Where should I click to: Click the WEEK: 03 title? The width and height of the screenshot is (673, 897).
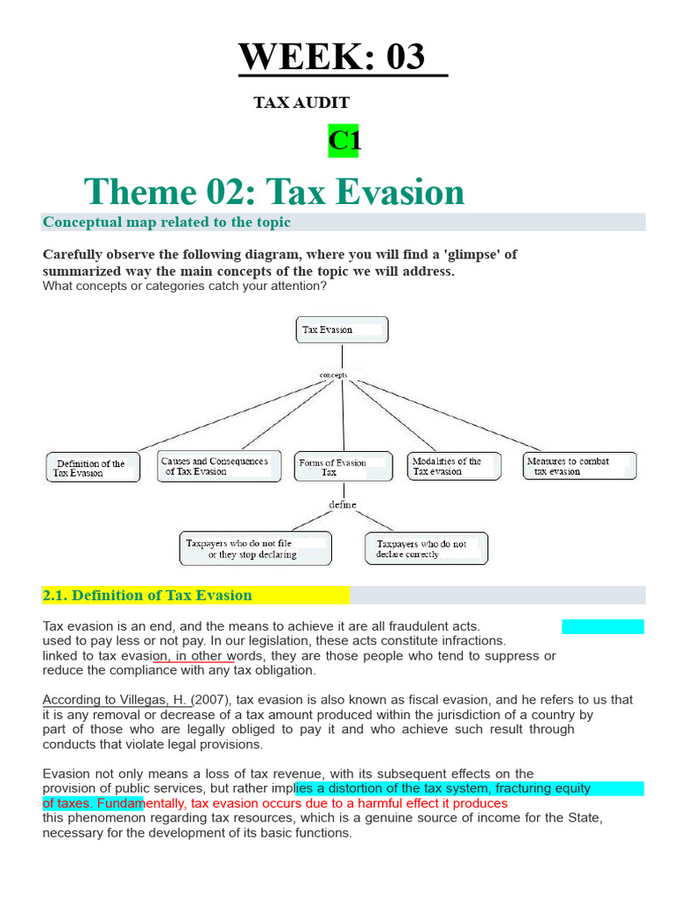click(332, 56)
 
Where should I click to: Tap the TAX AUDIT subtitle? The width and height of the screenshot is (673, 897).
click(301, 102)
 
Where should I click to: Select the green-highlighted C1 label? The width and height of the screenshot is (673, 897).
click(344, 141)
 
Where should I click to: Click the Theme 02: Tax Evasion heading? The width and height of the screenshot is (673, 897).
click(274, 191)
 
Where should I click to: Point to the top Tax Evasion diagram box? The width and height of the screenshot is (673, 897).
click(343, 330)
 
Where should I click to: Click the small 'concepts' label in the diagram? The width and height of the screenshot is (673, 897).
click(333, 375)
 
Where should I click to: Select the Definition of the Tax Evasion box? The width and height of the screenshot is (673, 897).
click(93, 468)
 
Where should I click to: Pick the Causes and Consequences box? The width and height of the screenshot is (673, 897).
click(219, 466)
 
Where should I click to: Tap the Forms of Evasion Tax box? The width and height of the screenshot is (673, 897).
click(344, 467)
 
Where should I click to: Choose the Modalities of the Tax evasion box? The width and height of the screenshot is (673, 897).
click(454, 466)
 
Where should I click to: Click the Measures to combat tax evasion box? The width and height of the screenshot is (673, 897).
click(580, 466)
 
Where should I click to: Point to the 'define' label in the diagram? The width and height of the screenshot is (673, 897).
click(343, 505)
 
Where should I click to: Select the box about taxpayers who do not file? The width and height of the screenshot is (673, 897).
click(255, 548)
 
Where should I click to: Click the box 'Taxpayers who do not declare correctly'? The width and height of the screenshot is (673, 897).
click(427, 548)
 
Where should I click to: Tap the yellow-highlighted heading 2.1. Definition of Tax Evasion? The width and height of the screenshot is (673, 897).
click(147, 596)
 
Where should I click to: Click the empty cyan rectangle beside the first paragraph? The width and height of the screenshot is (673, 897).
click(603, 626)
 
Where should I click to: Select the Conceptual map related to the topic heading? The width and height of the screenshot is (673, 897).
click(166, 222)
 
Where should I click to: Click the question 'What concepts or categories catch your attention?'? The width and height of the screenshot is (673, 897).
click(184, 286)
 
